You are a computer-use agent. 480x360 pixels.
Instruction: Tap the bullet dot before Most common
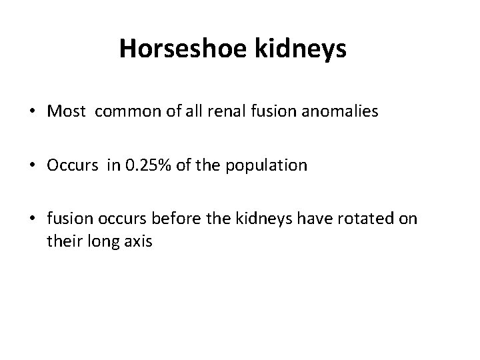(x=34, y=112)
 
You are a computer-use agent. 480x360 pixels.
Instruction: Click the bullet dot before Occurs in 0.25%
(x=34, y=165)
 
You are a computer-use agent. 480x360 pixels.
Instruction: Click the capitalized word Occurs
(x=69, y=165)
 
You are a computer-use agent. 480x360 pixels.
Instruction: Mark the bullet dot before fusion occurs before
(x=34, y=219)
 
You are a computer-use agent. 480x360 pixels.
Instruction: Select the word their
(x=63, y=241)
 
